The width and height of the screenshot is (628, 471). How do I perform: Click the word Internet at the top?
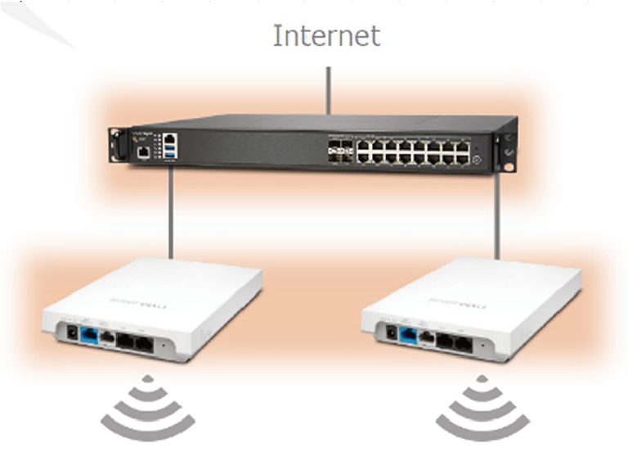(326, 36)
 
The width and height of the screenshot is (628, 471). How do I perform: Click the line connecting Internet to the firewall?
(328, 90)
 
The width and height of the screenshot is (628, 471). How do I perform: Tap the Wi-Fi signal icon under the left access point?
(148, 407)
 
